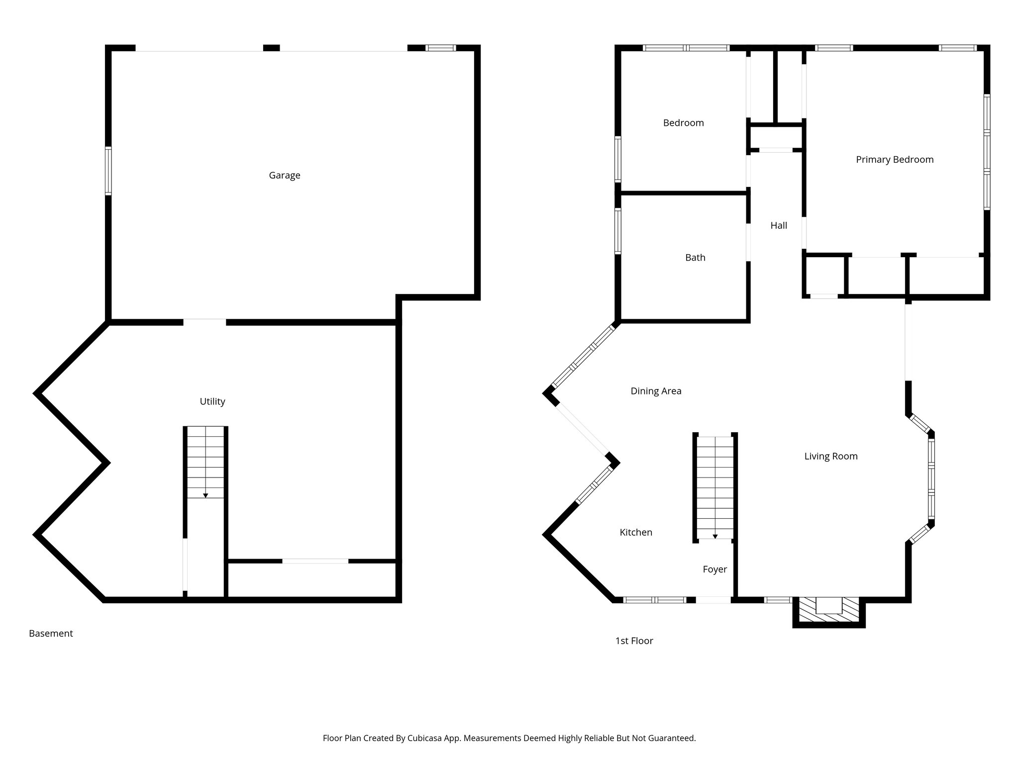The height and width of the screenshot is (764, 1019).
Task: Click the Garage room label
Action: point(284,175)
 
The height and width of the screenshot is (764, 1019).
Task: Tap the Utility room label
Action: point(212,401)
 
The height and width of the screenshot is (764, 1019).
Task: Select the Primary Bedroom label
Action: point(895,160)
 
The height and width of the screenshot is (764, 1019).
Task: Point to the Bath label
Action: point(695,258)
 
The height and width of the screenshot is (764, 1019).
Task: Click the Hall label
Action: point(779,226)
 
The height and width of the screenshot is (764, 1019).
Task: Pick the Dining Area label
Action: point(656,391)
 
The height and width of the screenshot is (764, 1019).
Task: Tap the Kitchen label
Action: point(636,532)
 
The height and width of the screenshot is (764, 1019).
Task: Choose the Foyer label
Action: point(714,570)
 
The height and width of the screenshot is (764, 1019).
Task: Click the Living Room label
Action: point(831,456)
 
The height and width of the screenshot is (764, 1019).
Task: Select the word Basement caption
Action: point(51,634)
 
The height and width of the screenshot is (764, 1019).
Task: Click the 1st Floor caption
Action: point(634,641)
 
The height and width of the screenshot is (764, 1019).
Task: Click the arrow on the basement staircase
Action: point(205,495)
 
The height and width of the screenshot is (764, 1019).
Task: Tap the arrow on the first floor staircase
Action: point(715,536)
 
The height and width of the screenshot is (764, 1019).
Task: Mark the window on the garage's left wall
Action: point(108,171)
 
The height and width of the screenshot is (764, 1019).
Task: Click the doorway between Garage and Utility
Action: point(204,322)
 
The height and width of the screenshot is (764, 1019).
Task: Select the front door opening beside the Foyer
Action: point(713,600)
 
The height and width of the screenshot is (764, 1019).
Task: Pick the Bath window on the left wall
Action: point(618,231)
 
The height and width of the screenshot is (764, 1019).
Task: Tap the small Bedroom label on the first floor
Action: point(683,123)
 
